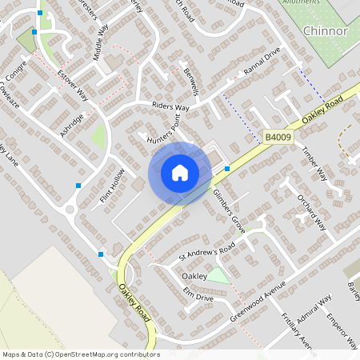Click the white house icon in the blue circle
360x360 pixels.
click(x=180, y=173)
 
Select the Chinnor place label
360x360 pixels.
click(x=326, y=31)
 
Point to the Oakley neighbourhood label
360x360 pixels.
click(x=194, y=275)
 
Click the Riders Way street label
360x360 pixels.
click(x=170, y=107)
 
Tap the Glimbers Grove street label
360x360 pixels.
click(x=227, y=206)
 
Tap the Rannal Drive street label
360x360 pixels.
click(x=262, y=78)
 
